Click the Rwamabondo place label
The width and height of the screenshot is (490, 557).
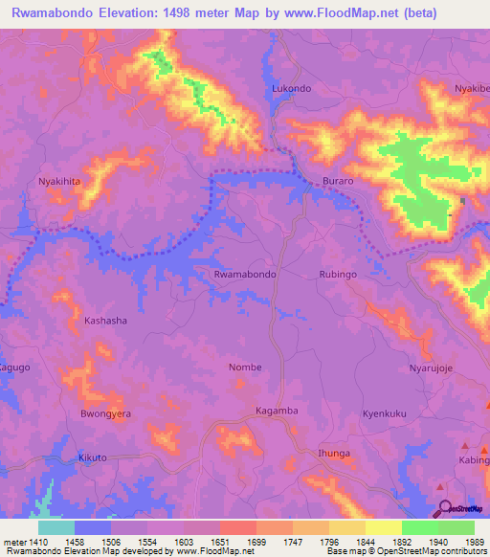(x=246, y=274)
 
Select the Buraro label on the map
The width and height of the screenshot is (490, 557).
(x=338, y=180)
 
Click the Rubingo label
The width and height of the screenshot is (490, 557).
(x=337, y=274)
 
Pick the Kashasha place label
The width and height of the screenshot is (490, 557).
(x=105, y=321)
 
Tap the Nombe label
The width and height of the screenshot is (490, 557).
(x=245, y=367)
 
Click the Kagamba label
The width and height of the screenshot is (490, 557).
(x=278, y=411)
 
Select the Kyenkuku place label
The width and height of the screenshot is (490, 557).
(x=385, y=413)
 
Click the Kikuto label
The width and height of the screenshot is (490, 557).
(x=93, y=458)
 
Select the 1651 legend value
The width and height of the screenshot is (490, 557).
(x=237, y=541)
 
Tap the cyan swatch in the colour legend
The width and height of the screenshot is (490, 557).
(x=56, y=527)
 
